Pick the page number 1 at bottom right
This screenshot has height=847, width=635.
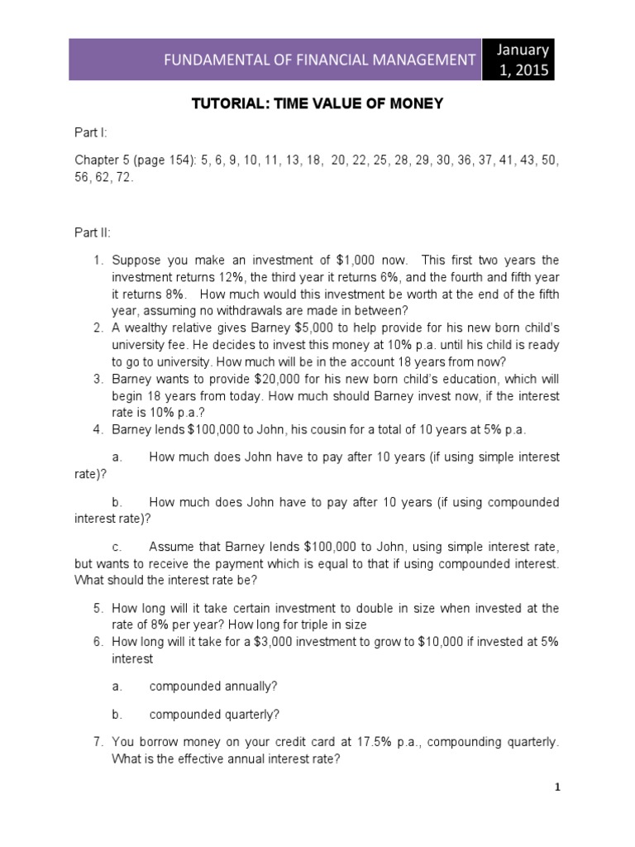[558, 787]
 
